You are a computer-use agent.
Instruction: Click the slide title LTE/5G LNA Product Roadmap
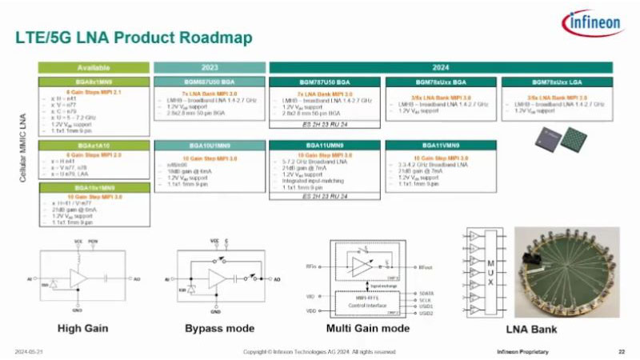click(x=134, y=38)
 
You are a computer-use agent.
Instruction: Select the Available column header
click(x=94, y=68)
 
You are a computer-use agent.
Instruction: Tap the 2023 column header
click(x=210, y=68)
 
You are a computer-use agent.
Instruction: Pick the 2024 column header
click(x=441, y=68)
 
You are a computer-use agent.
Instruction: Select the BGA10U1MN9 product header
click(x=210, y=146)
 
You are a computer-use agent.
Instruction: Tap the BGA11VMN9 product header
click(x=441, y=146)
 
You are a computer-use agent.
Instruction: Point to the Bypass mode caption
click(x=219, y=328)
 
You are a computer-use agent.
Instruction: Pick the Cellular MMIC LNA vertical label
click(x=25, y=144)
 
